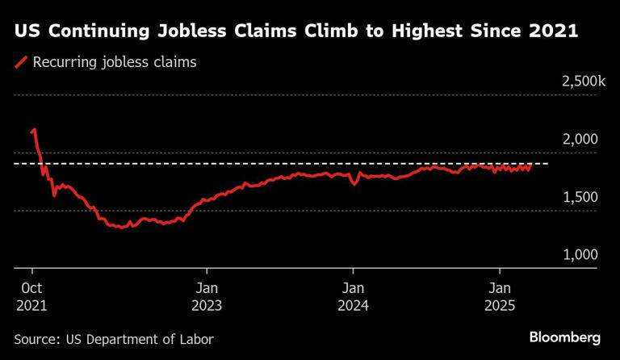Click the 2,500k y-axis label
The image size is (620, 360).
coord(578,82)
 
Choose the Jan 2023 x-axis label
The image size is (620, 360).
coord(207,297)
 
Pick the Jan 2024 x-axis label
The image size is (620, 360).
coord(353,297)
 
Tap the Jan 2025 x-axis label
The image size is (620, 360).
coord(501,297)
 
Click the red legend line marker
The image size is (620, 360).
coord(21,62)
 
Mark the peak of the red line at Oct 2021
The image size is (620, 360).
coord(34,128)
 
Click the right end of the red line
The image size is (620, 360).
coord(531,165)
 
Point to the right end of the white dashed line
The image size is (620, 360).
coord(548,164)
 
